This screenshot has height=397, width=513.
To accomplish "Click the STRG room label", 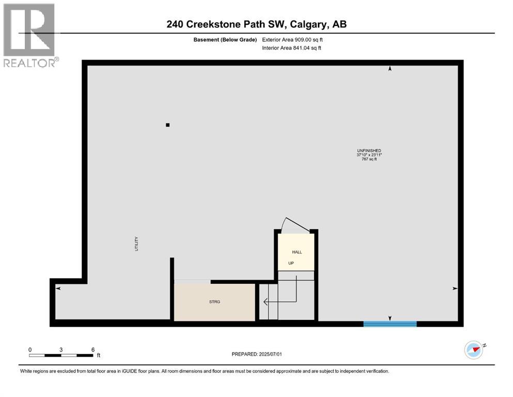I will click(214, 302).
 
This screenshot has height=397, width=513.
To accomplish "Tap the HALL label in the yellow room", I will click(297, 252).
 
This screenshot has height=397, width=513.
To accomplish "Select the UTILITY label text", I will click(136, 244).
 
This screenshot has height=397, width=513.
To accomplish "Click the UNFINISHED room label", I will click(369, 150).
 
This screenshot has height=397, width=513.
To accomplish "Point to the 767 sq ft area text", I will click(369, 159).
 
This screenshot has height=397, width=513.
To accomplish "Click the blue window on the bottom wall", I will click(390, 324).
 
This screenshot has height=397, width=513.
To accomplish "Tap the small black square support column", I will click(167, 125).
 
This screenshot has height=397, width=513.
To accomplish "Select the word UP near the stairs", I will click(291, 263).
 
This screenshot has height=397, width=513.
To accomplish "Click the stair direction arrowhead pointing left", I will click(265, 301).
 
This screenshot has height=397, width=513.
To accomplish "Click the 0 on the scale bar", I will click(30, 349).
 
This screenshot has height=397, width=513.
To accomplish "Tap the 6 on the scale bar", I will click(92, 349).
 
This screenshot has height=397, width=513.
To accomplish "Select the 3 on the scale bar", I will click(61, 349).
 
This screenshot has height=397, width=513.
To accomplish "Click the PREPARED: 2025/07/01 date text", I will click(256, 354).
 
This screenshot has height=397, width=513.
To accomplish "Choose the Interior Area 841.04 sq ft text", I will click(291, 48).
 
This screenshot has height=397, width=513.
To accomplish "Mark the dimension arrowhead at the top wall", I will click(390, 68).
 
